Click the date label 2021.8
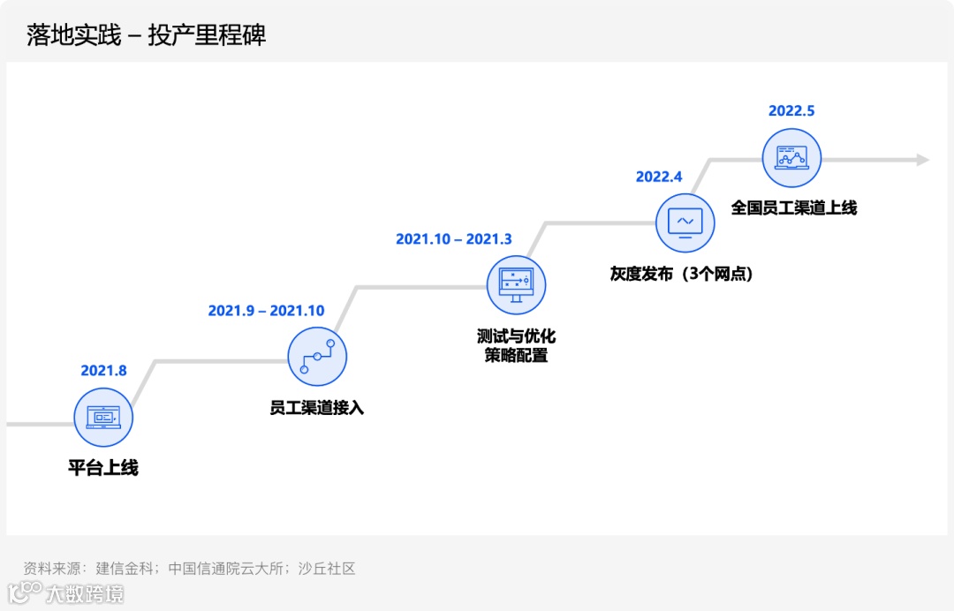(x=103, y=371)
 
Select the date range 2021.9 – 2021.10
(x=266, y=311)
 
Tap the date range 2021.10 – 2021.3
(x=453, y=239)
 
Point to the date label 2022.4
(x=659, y=177)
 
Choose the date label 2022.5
(x=791, y=110)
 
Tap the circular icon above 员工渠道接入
(x=317, y=356)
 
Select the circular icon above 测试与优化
(x=517, y=284)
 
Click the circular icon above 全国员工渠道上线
(x=791, y=158)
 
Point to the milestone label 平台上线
(x=103, y=468)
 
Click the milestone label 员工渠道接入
(x=316, y=408)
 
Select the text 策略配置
(x=516, y=356)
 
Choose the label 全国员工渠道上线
(x=793, y=208)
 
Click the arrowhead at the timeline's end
(x=922, y=160)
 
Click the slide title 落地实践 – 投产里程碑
(x=147, y=35)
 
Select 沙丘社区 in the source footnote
(x=327, y=569)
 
